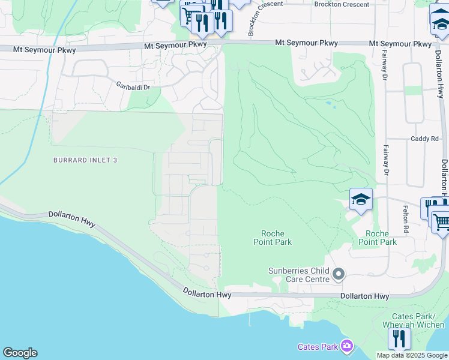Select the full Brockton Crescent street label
[x=342, y=4]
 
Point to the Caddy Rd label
[x=425, y=139]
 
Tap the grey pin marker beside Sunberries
[x=339, y=275]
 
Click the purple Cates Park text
[x=318, y=347]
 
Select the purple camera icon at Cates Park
[x=346, y=346]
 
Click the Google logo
[x=20, y=353]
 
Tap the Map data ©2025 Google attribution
[x=412, y=355]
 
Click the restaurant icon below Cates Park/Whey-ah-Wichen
[x=399, y=338]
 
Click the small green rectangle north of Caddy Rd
[x=413, y=90]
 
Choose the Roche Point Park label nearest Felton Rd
[x=377, y=238]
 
